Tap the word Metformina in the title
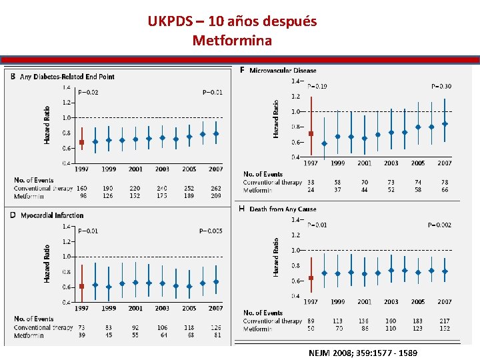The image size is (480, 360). coord(232,41)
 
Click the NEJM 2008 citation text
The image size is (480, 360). coord(363,352)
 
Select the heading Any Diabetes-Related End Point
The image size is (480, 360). coord(67,77)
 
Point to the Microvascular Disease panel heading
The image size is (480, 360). coord(283,70)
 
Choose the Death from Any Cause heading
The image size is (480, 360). coord(283,209)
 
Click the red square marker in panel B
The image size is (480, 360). coord(81,142)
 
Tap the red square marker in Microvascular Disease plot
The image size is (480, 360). coord(311,133)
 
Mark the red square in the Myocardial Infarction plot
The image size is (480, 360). coord(81,287)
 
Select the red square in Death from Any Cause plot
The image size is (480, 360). coord(311,278)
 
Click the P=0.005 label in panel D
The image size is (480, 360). coord(211,231)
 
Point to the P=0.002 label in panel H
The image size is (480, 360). coord(439,225)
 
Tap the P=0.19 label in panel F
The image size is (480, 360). coord(317,86)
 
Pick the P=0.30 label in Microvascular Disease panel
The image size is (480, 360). coord(441,86)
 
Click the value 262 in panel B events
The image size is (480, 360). coord(215,189)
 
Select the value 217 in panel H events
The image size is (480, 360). coord(445,321)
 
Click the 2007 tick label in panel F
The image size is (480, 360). coord(445,163)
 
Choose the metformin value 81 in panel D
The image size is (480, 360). coord(216,335)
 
